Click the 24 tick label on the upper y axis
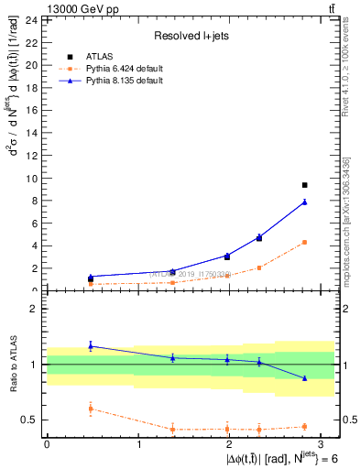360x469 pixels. [x=31, y=19]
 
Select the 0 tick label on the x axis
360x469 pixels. [x=47, y=443]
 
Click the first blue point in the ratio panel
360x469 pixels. [x=90, y=345]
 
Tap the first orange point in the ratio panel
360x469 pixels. [x=90, y=409]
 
